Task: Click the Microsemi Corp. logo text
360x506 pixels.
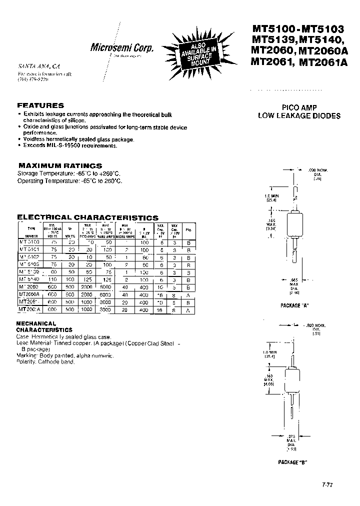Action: [121, 48]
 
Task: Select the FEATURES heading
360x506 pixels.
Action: [40, 105]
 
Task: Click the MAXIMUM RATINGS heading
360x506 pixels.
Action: [60, 165]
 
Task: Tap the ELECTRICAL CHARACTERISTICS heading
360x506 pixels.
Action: [88, 217]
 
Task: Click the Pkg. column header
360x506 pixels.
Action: [188, 230]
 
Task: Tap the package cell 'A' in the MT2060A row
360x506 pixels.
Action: [188, 295]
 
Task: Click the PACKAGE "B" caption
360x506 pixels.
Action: [292, 462]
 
